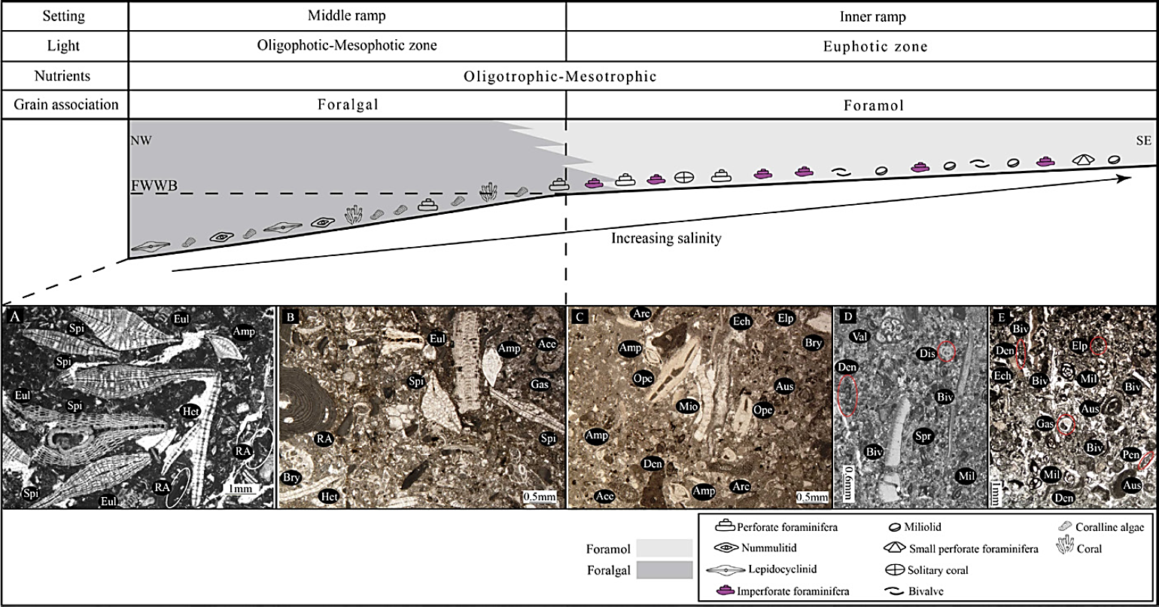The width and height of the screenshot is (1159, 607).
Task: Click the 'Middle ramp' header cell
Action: pos(347,17)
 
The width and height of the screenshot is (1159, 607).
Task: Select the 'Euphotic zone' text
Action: pos(862,47)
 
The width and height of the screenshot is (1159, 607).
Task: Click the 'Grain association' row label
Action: pos(65,105)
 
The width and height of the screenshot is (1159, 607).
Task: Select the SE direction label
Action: pos(1142,141)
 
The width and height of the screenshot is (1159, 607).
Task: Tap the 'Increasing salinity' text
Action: pos(666,239)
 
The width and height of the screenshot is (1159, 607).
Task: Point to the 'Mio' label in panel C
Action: pos(689,406)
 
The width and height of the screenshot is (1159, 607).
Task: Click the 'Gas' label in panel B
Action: pos(539,384)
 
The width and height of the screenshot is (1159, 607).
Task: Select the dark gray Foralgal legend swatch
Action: pos(664,570)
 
